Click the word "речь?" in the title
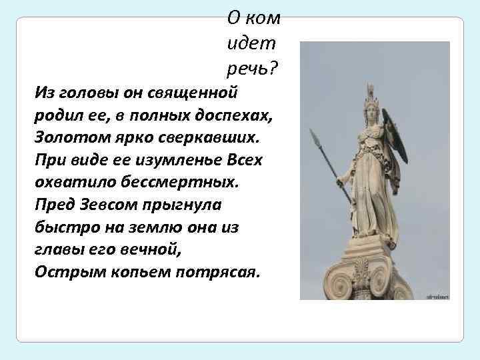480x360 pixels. [x=253, y=67]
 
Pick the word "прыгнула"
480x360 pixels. [x=167, y=205]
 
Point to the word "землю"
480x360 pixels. [x=164, y=227]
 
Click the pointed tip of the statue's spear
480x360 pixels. [x=313, y=133]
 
